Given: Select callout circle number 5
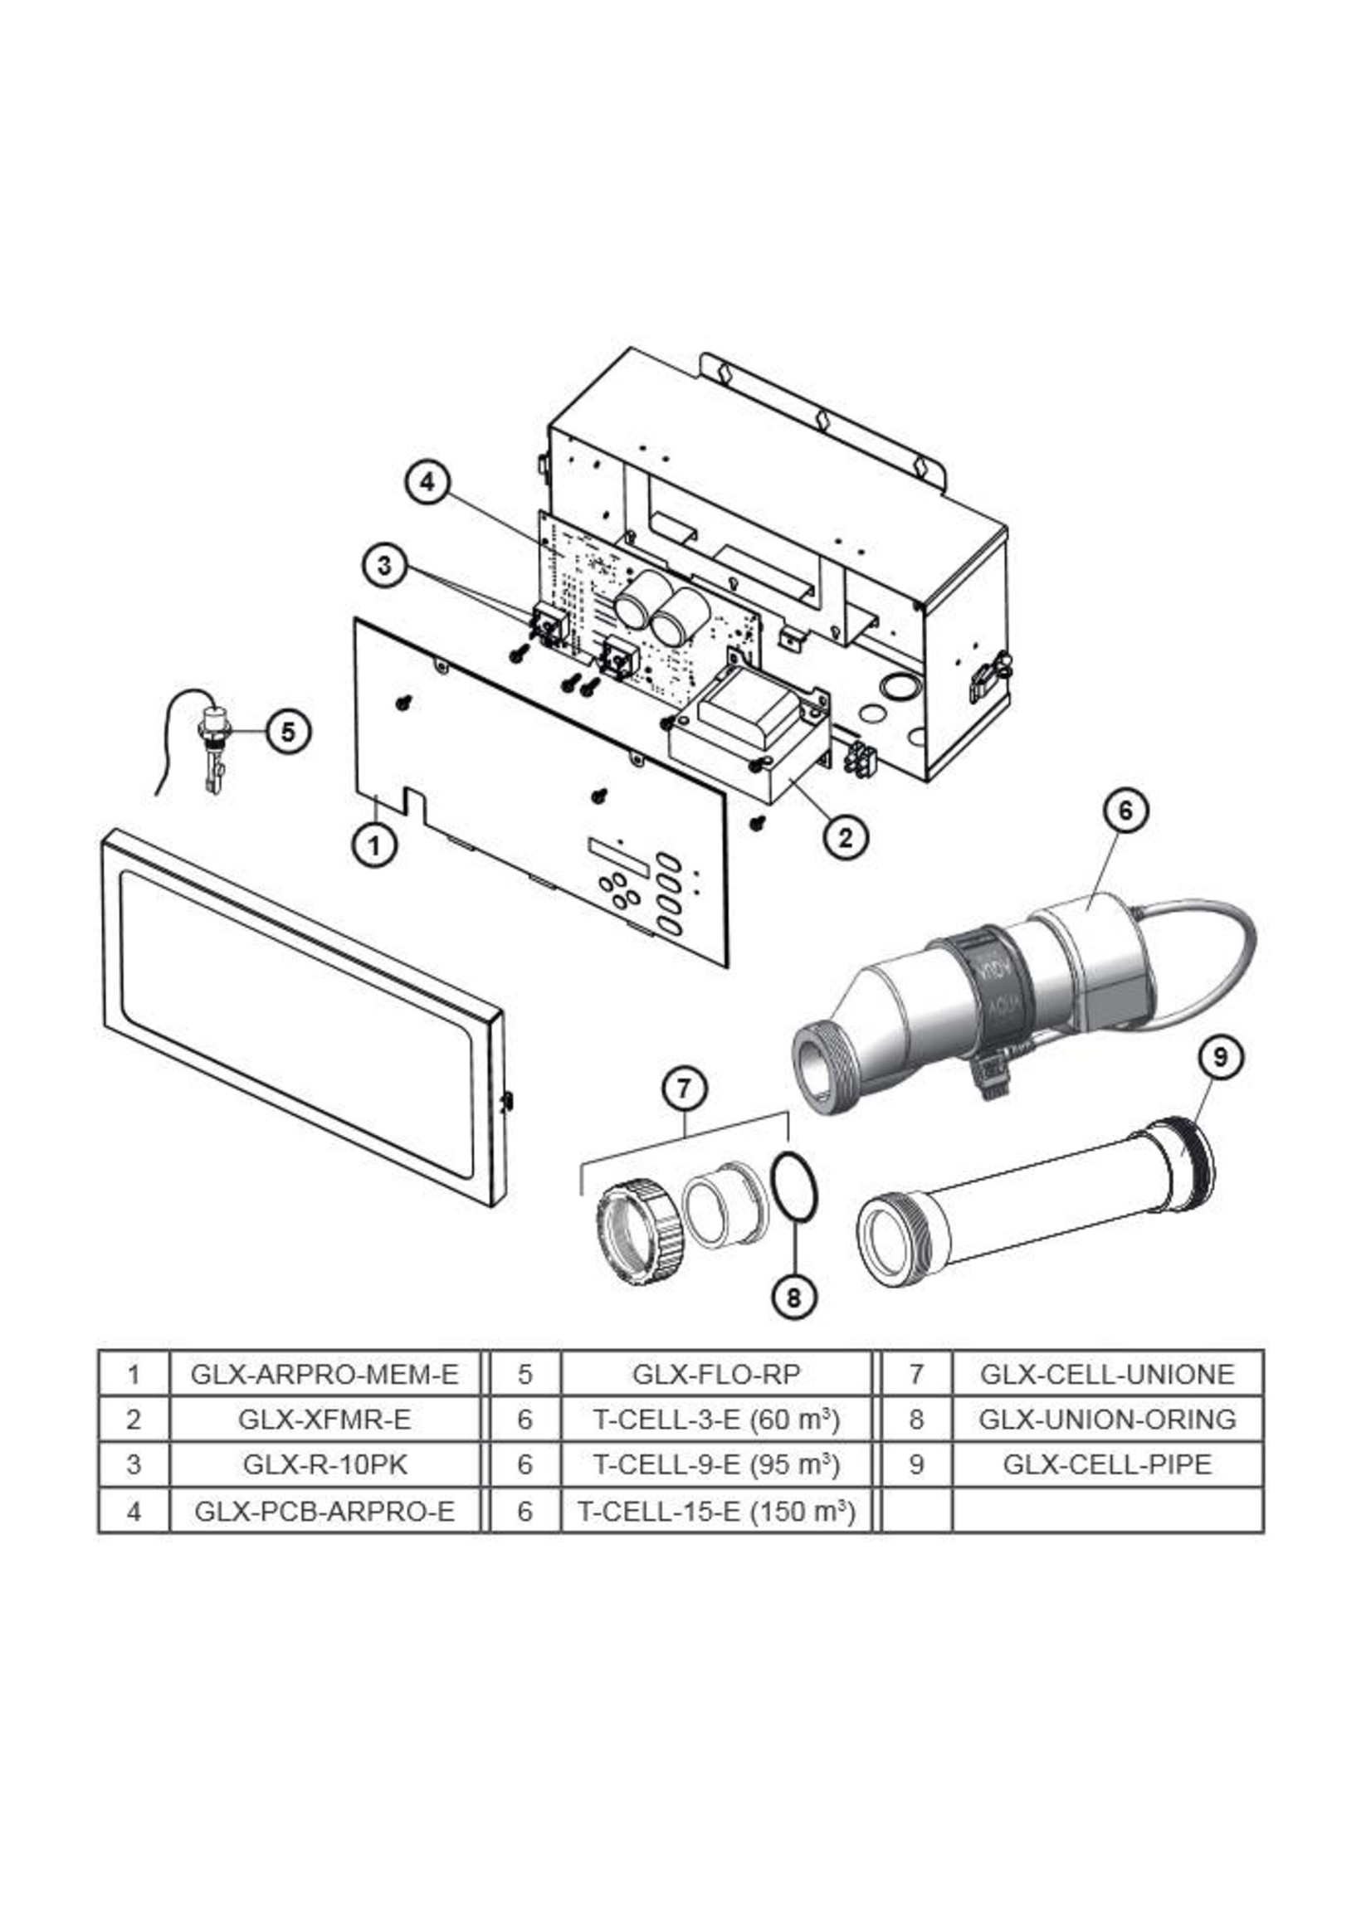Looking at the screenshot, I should (289, 732).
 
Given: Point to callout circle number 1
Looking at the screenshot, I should (374, 843).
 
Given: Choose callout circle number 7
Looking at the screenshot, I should (685, 1089).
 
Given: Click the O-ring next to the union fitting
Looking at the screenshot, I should (793, 1187).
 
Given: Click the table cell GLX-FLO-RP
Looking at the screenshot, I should (715, 1374).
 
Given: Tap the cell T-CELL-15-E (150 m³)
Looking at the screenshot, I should (715, 1511).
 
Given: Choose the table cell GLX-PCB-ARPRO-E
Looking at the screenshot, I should (324, 1511).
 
